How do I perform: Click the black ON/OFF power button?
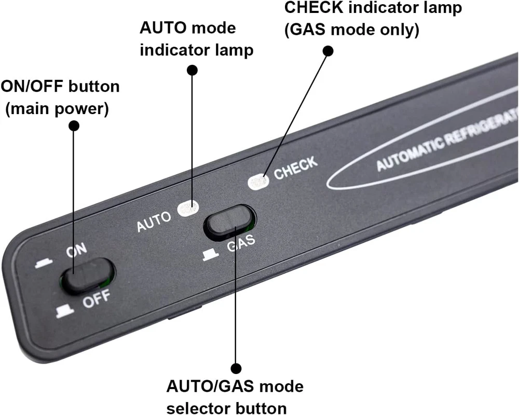click(x=88, y=273)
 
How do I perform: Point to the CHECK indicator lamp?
click(x=257, y=182)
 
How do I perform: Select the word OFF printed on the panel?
click(x=97, y=299)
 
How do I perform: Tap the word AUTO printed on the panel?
click(x=154, y=222)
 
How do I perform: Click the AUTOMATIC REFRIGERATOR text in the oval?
click(x=446, y=140)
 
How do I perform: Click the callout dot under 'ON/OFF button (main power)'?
click(x=74, y=126)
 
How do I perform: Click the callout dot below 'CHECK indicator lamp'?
click(x=328, y=50)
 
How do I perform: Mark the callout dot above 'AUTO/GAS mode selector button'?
click(x=236, y=368)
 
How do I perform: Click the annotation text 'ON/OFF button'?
click(x=60, y=86)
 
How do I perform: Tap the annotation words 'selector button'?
click(x=227, y=406)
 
